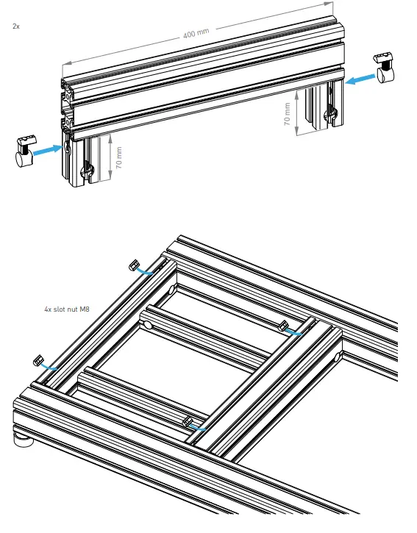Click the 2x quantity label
click(x=15, y=26)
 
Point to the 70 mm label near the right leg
click(x=287, y=113)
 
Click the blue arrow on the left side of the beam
click(x=48, y=149)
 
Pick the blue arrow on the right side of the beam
click(x=360, y=78)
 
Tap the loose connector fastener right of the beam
click(x=384, y=67)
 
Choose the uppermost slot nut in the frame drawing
click(x=135, y=264)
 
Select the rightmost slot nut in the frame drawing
click(x=283, y=325)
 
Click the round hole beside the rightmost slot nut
click(x=336, y=357)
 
